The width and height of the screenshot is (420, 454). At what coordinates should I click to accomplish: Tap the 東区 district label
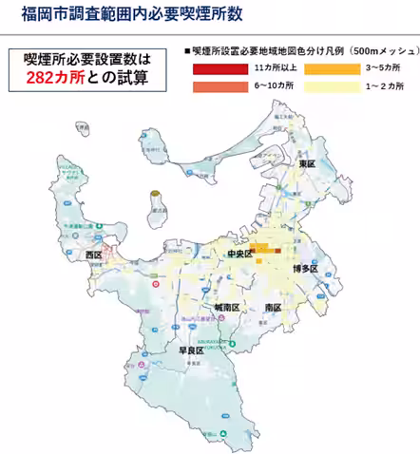pyautogui.click(x=306, y=163)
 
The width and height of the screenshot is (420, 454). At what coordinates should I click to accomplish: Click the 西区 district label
pyautogui.click(x=93, y=255)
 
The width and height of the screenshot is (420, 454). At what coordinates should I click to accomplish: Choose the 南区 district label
pyautogui.click(x=274, y=309)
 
